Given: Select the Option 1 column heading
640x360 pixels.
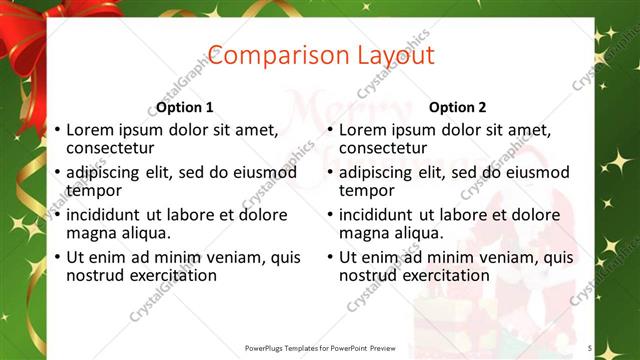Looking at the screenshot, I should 185,107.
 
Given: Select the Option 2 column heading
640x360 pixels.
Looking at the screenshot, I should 458,107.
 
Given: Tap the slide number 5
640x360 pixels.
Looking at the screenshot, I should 590,348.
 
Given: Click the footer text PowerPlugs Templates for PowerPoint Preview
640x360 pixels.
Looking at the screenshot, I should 320,348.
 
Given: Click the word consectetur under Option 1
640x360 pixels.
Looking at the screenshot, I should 113,148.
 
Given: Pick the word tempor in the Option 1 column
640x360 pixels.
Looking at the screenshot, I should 93,190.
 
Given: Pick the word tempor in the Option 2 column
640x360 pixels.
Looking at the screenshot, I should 366,190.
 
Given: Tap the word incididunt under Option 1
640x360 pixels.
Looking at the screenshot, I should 105,215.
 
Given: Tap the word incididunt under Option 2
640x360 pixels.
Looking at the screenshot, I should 378,215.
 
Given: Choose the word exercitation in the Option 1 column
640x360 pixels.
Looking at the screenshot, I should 170,275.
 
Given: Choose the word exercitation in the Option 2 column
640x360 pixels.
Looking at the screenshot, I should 443,275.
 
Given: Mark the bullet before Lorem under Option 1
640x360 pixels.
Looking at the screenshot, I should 57,130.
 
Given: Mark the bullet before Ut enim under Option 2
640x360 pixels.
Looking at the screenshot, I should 330,258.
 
